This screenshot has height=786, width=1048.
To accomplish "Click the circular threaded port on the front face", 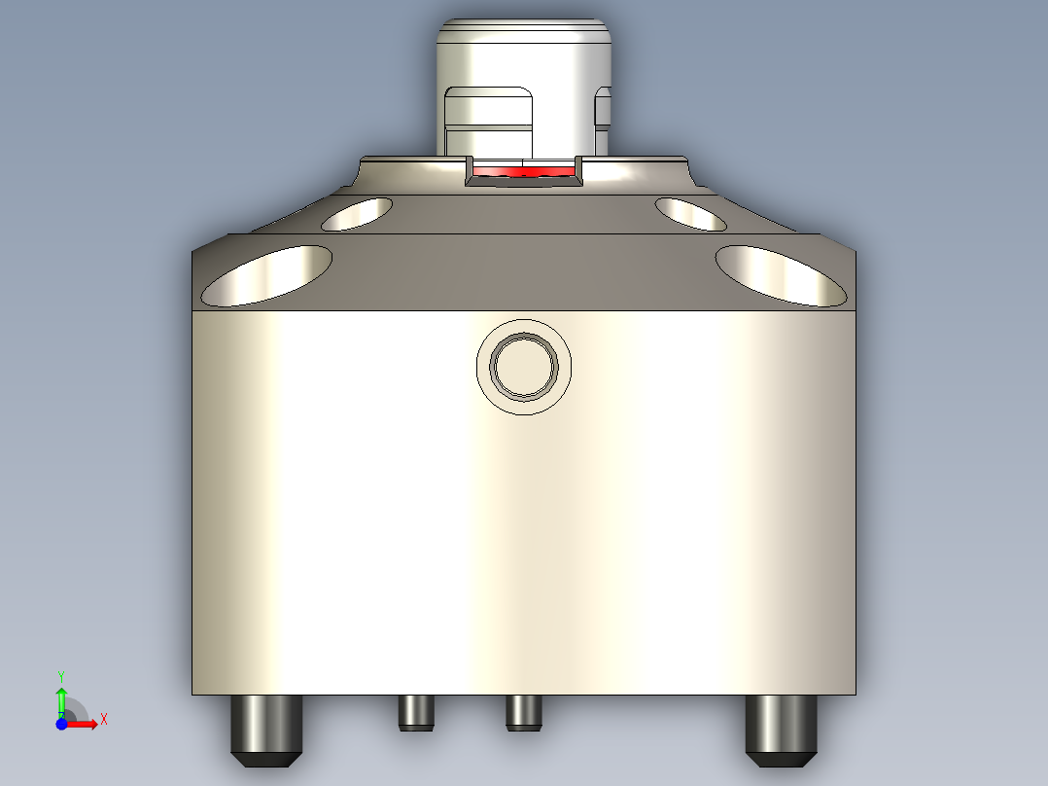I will tap(524, 366).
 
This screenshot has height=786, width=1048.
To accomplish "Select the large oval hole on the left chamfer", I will tap(266, 274).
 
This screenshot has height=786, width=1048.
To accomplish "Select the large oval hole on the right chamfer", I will tap(781, 274).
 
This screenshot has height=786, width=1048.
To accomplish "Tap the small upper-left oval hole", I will tap(357, 213).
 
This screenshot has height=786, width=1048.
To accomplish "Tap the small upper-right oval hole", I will tap(690, 213).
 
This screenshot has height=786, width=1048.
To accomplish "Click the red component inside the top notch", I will tap(523, 172).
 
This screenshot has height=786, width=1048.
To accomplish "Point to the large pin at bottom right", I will tap(781, 730).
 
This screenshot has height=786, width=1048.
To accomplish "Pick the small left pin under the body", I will tap(415, 713).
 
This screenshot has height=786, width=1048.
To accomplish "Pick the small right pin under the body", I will tap(523, 713).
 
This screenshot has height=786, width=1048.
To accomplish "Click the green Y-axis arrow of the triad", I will tap(61, 698).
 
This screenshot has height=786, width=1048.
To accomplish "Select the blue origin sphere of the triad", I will tap(61, 724).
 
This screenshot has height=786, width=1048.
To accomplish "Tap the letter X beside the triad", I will tap(103, 719).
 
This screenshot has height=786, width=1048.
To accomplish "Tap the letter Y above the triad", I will tap(60, 675).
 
